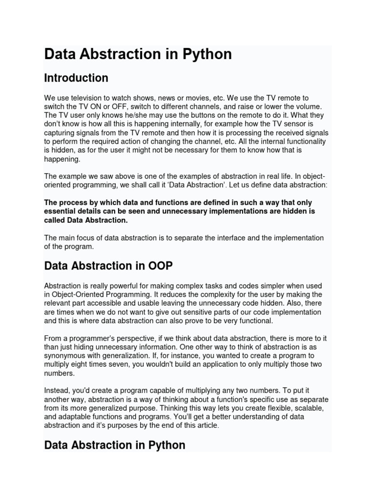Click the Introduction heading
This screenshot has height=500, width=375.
point(76,78)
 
